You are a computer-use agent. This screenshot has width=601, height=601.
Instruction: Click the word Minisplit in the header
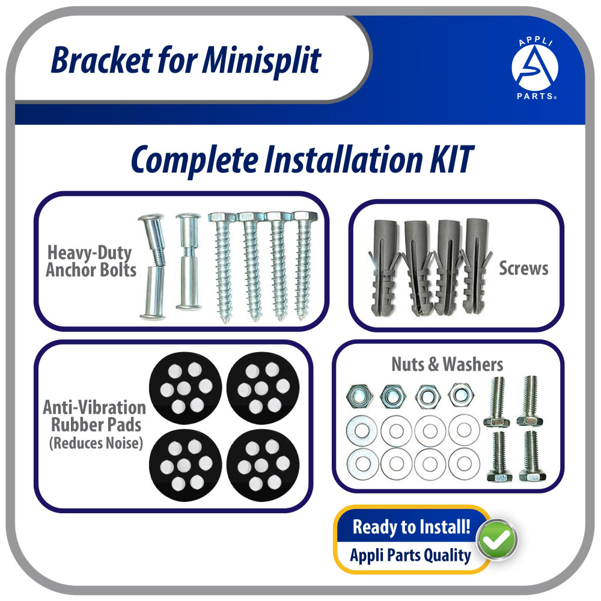[x=261, y=60]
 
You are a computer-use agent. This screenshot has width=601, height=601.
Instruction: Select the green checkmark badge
[x=497, y=539]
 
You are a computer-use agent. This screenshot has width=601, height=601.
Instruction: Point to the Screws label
[x=523, y=268]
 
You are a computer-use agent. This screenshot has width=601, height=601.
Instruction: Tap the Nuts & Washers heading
[x=447, y=364]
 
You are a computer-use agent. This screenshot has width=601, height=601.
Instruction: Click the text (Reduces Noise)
[x=96, y=443]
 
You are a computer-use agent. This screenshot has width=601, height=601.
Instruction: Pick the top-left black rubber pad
[x=186, y=388]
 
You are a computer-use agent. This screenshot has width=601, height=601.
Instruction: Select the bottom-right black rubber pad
[x=263, y=465]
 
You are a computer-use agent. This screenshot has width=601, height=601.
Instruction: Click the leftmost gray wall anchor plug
[x=385, y=267]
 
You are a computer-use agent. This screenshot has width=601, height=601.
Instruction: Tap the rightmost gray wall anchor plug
[x=477, y=266]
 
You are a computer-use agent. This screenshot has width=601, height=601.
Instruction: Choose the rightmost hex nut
[x=461, y=394]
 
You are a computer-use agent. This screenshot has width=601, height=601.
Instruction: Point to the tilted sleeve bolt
[x=153, y=267]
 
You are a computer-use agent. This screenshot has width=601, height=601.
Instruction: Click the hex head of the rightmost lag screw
[x=305, y=216]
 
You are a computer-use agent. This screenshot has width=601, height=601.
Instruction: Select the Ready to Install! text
[x=411, y=526]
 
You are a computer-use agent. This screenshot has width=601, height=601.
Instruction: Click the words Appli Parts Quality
[x=410, y=555]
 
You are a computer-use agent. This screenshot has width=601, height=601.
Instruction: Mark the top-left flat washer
[x=361, y=430]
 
